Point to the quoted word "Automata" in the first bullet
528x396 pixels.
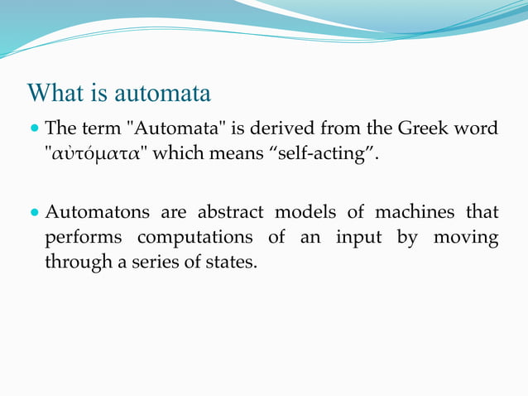pyautogui.click(x=170, y=129)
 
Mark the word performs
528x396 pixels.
pyautogui.click(x=84, y=238)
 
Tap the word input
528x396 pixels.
pyautogui.click(x=360, y=238)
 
